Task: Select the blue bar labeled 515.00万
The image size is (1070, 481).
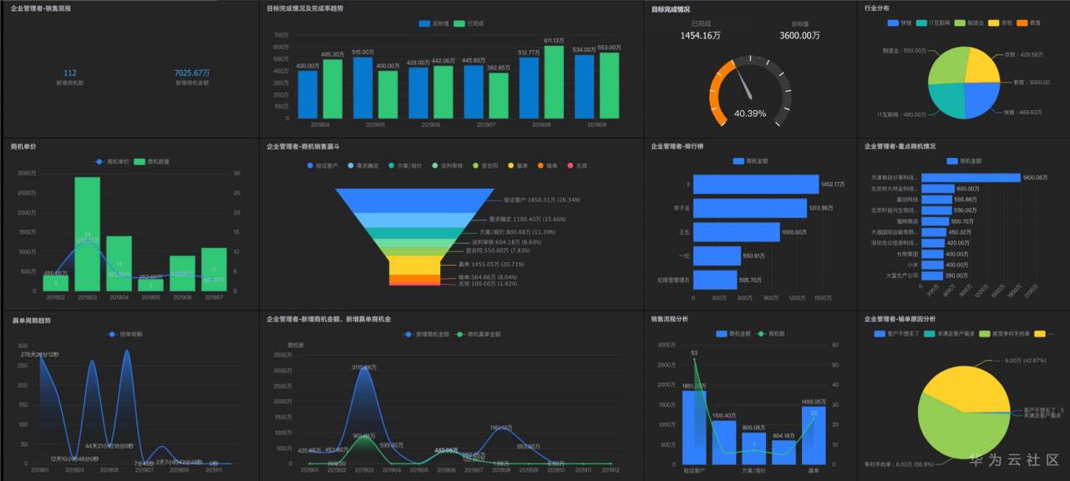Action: (x=363, y=88)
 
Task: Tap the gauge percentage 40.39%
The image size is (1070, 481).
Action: (x=750, y=114)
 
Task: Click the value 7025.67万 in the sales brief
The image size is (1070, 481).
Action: (x=192, y=73)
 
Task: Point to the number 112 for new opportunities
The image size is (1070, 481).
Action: (x=70, y=73)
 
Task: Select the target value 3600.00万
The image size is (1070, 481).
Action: (x=799, y=37)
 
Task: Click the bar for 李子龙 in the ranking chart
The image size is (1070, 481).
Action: (x=749, y=208)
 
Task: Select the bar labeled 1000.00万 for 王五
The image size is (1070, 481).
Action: (x=736, y=231)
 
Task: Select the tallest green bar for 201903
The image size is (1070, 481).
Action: (x=87, y=234)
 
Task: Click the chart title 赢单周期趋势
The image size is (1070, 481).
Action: (x=31, y=319)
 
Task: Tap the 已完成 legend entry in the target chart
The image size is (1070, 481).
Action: (x=469, y=23)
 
